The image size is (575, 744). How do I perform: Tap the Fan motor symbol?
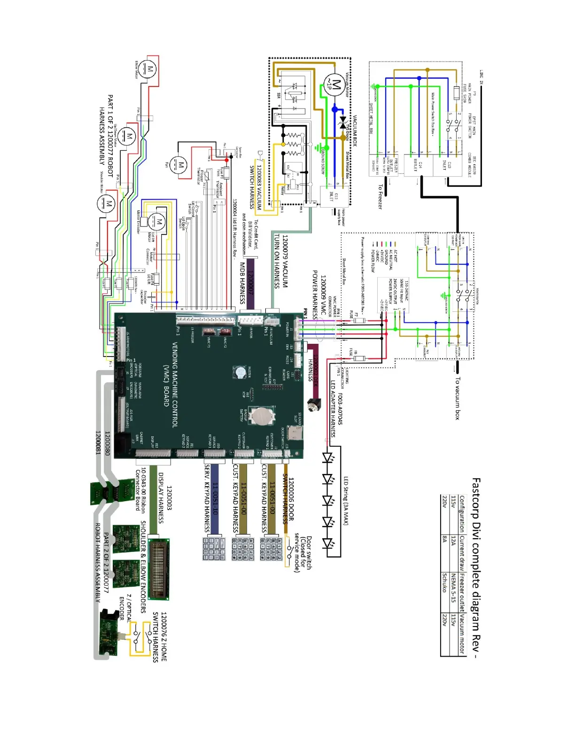point(180,165)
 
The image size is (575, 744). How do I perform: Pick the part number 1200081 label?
point(98,443)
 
